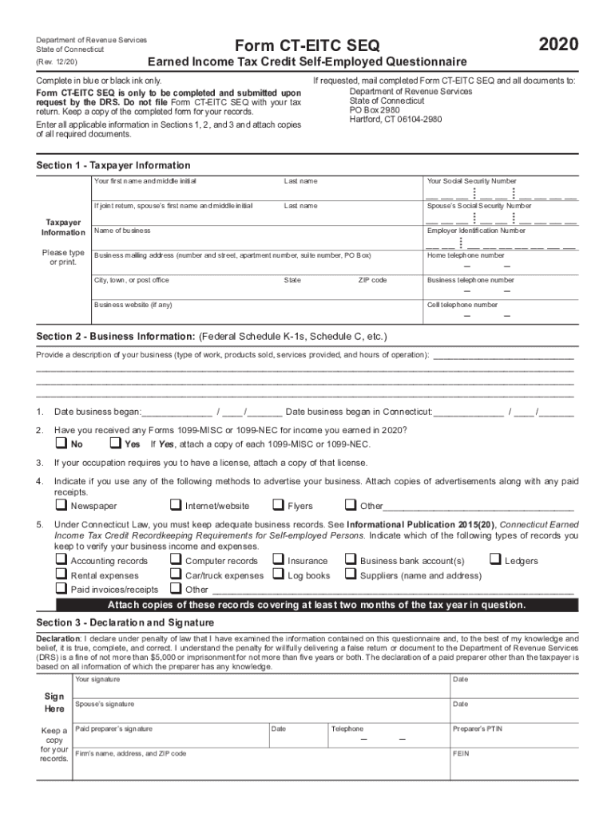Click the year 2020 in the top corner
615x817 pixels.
point(558,44)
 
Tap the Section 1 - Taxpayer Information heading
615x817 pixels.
point(113,165)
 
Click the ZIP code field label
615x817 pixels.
point(372,280)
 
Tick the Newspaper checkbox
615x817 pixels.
point(60,505)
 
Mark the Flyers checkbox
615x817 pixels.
point(278,505)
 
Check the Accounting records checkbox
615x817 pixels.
point(60,560)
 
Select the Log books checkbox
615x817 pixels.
point(278,574)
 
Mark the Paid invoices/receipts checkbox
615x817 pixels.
point(60,589)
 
